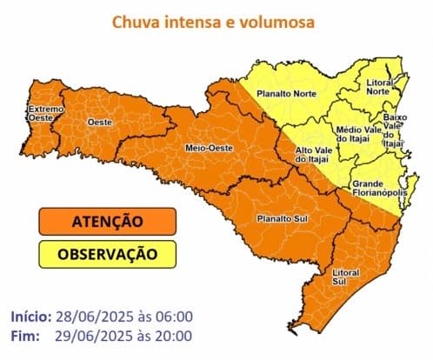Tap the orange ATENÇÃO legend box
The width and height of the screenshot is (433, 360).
coord(108,223)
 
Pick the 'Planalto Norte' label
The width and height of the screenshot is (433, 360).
coord(286,91)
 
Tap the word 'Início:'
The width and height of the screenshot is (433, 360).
coord(31,316)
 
